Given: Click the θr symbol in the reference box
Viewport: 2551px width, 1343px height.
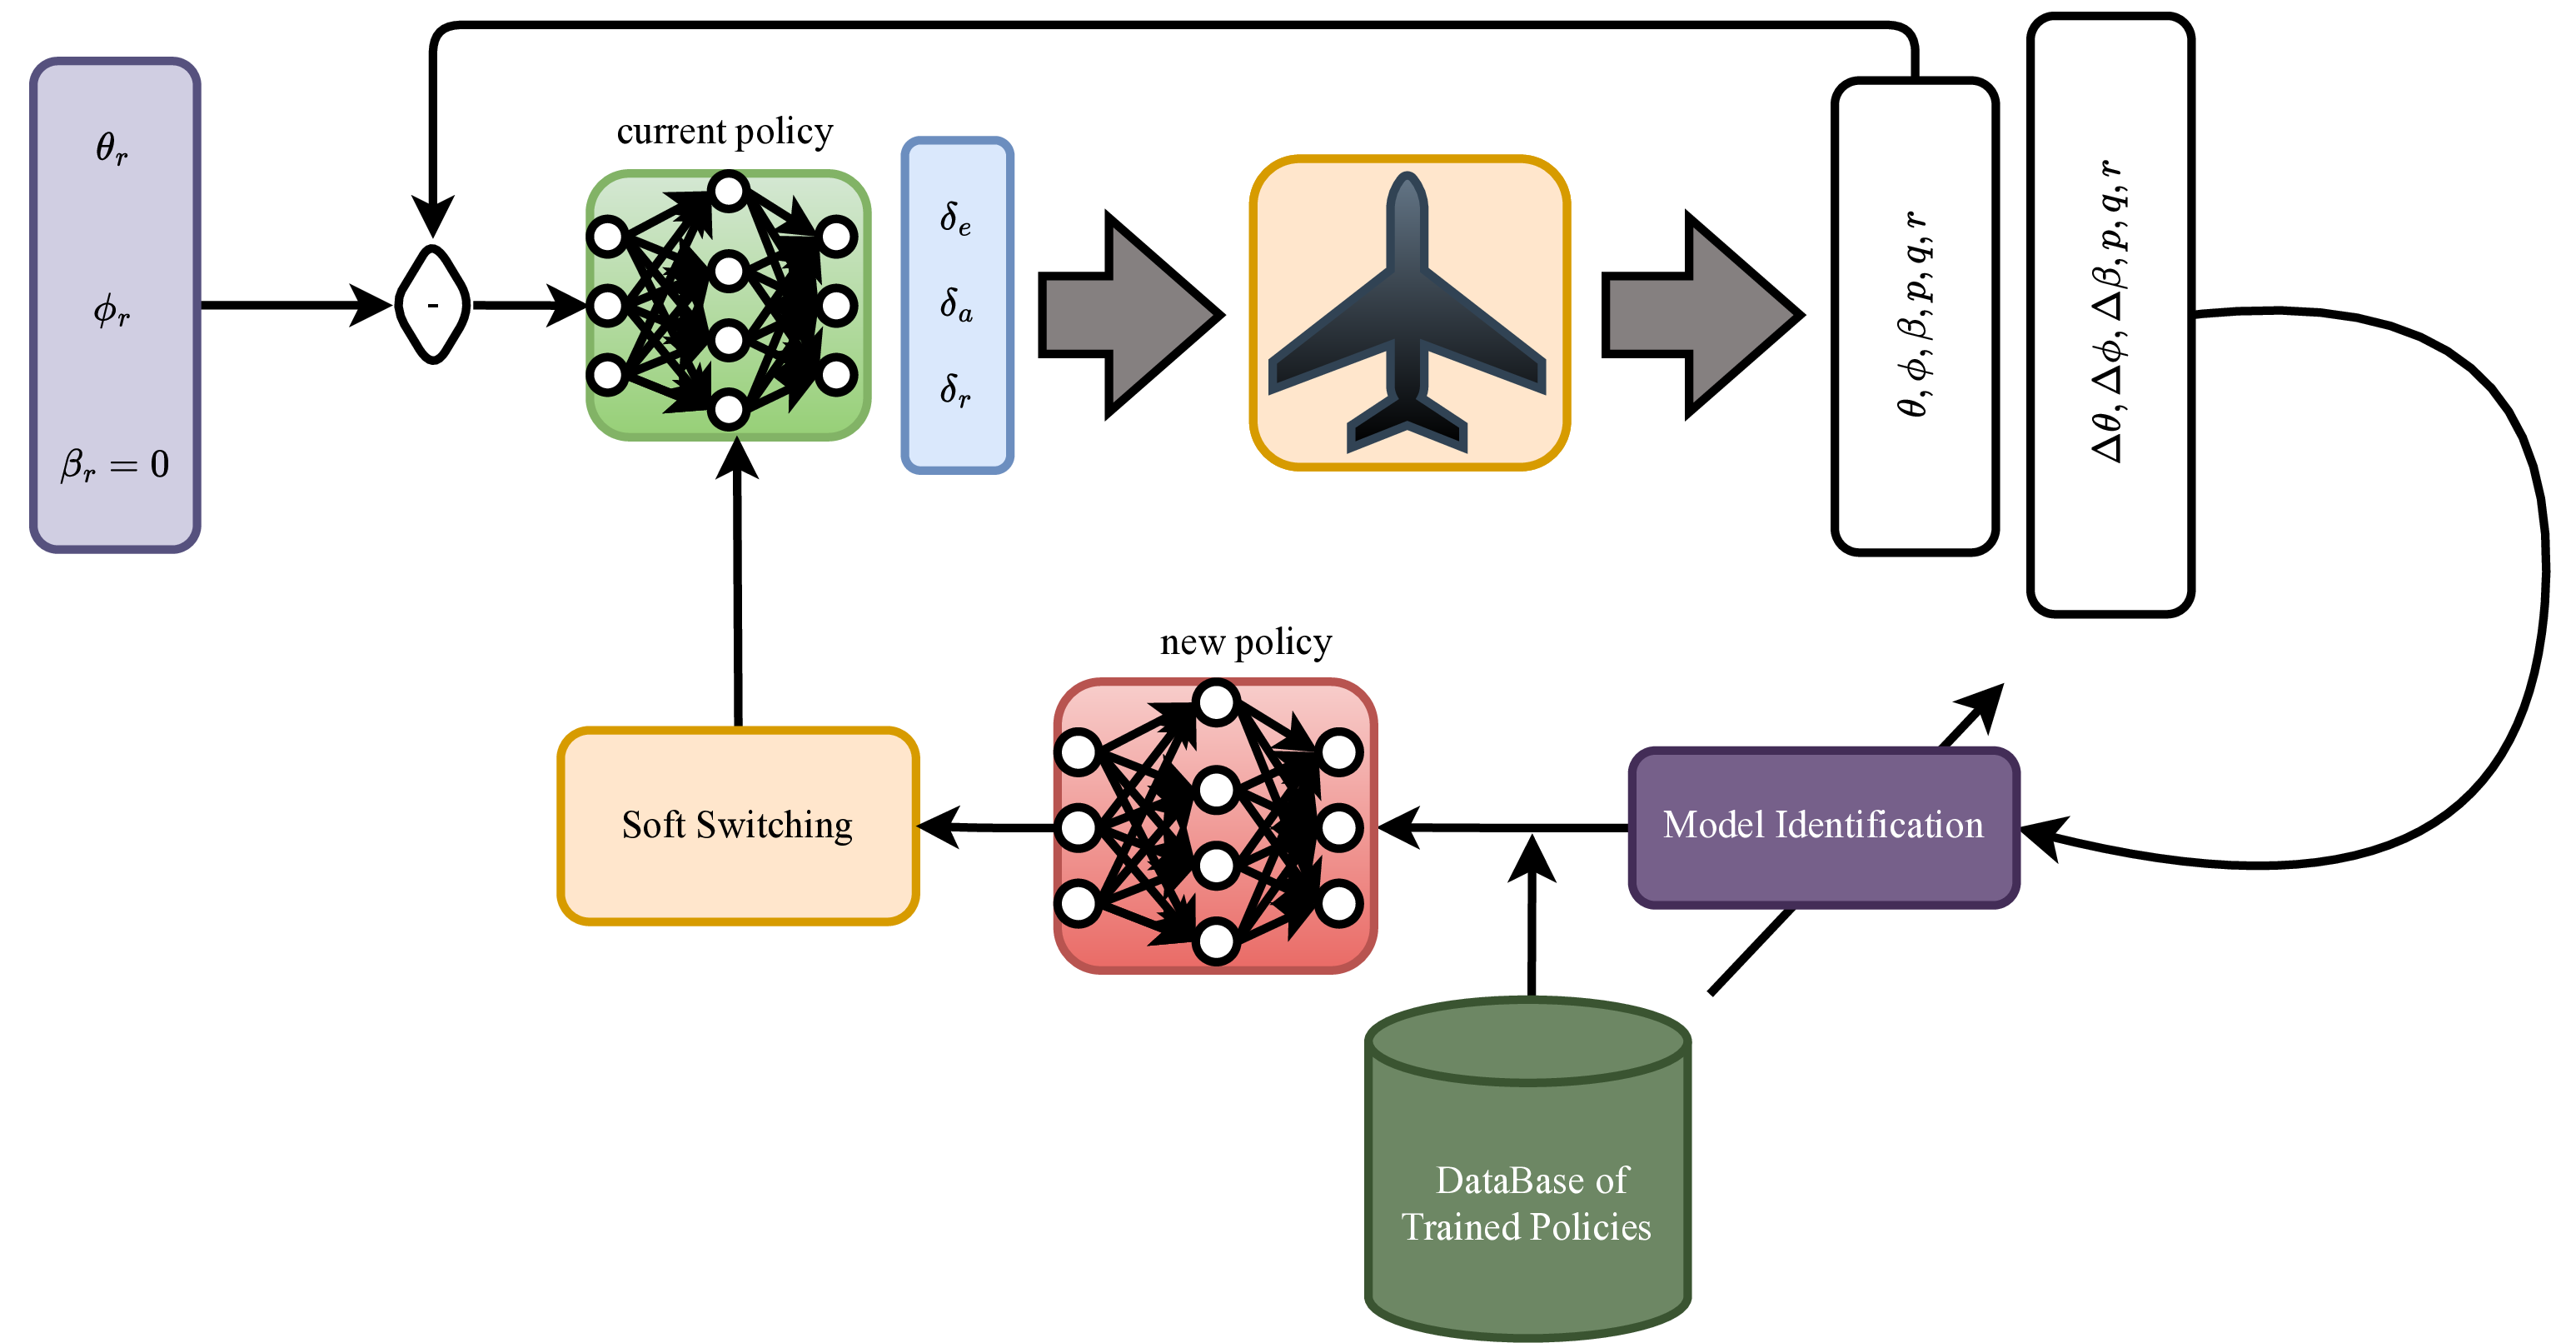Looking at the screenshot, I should coord(111,148).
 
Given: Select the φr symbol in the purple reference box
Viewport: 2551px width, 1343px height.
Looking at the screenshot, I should coord(111,311).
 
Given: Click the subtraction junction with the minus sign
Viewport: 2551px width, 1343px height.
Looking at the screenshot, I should coord(433,305).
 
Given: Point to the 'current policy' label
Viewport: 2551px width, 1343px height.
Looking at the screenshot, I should coord(724,132).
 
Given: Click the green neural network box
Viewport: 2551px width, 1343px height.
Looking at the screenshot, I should coord(728,305).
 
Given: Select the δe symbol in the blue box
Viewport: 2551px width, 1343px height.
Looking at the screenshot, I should coord(955,218).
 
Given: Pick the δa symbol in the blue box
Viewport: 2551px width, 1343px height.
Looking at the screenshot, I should coord(955,305).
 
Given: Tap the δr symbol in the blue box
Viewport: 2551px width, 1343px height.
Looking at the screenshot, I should coord(955,390).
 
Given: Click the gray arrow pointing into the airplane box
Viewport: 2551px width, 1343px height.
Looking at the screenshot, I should coord(1129,315).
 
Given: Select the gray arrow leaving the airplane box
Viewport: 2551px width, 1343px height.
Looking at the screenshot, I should coord(1699,315).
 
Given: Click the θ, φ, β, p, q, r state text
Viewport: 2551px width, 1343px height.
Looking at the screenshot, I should coord(1913,315).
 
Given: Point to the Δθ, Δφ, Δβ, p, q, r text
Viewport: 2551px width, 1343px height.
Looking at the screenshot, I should coord(2110,311).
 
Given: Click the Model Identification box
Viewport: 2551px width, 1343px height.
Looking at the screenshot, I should coord(1823,826).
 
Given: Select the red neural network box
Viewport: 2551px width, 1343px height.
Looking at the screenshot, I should coord(1215,826).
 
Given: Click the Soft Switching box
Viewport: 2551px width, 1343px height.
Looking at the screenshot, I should coord(738,826).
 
